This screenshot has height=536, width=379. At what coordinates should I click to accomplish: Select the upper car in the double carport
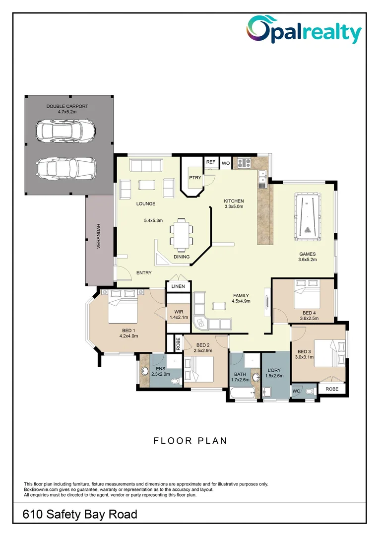(x=65, y=131)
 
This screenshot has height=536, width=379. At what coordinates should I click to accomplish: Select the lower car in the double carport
(x=65, y=168)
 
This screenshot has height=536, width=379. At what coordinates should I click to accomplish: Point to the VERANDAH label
(x=99, y=237)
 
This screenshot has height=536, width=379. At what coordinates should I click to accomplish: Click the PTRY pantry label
(x=194, y=177)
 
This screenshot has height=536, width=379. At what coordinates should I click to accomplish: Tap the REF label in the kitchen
(x=211, y=162)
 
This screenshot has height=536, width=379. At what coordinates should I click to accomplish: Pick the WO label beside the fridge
(x=225, y=162)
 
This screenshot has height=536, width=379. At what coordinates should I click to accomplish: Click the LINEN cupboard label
(x=178, y=287)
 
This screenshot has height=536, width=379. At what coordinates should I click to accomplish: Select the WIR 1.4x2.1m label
(x=178, y=314)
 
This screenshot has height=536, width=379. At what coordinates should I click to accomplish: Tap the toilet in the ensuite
(x=175, y=381)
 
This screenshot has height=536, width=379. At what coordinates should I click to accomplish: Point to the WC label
(x=296, y=391)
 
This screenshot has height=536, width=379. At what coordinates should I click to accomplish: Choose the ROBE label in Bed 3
(x=332, y=389)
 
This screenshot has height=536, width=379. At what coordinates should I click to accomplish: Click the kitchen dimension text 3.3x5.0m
(x=234, y=206)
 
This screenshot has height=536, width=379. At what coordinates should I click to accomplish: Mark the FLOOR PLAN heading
(x=190, y=440)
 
